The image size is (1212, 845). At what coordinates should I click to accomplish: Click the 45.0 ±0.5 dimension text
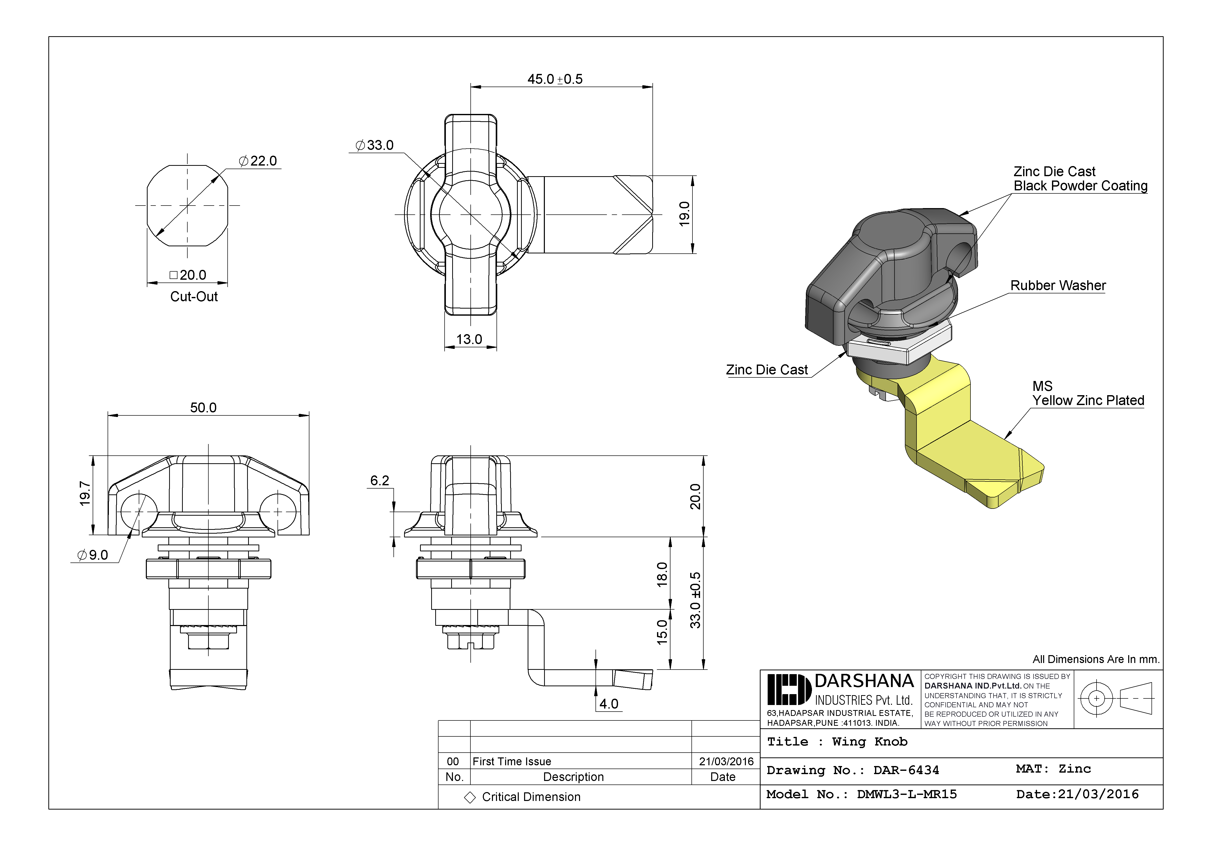555,79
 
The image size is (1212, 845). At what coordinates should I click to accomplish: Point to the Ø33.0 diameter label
375,145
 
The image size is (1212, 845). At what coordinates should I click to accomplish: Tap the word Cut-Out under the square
194,297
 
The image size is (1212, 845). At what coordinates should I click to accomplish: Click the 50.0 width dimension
203,408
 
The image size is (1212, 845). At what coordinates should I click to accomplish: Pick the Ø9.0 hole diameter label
93,555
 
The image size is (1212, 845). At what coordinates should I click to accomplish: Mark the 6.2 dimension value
380,480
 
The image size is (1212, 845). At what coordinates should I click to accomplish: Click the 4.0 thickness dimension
609,703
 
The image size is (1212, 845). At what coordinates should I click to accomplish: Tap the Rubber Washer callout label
1058,286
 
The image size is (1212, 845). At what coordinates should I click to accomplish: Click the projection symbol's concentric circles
1096,698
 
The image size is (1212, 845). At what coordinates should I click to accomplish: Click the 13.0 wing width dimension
469,339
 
